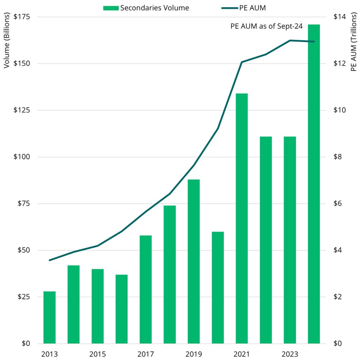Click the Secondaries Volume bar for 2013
[x=50, y=317]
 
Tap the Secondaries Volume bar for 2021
[x=242, y=218]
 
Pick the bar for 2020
[x=218, y=288]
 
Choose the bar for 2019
[x=194, y=262]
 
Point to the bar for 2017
[x=146, y=289]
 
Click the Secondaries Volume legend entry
[x=146, y=8]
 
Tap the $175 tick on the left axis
[x=21, y=17]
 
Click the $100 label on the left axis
[x=21, y=157]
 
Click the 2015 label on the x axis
[x=97, y=354]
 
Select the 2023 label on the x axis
[x=290, y=354]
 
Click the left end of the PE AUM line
[x=50, y=260]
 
